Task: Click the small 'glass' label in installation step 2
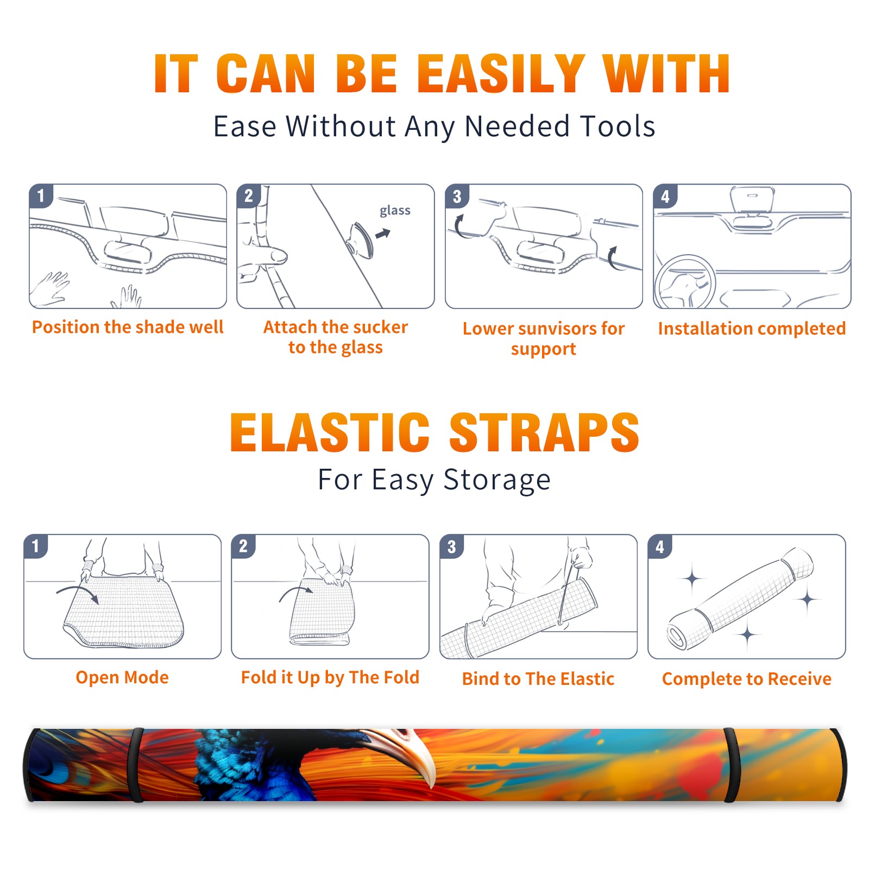point(395,210)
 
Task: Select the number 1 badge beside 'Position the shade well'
point(41,196)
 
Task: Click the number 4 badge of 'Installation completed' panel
point(665,196)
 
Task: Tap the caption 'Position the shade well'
point(128,327)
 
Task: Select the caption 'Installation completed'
point(752,329)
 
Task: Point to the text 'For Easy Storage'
point(434,480)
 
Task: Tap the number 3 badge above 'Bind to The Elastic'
point(452,546)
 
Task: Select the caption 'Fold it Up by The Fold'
point(330,677)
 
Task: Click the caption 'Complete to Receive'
point(747,679)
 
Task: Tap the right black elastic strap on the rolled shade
point(731,765)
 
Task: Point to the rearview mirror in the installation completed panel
point(752,199)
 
